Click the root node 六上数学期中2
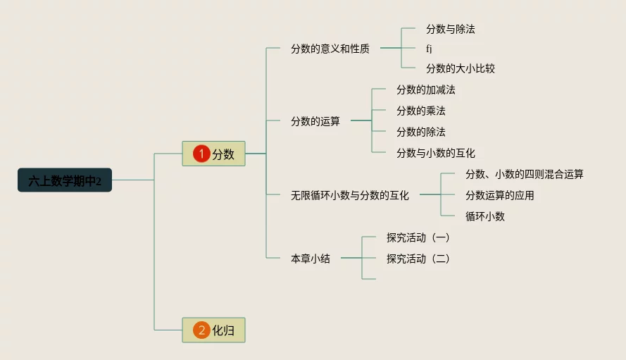click(x=65, y=180)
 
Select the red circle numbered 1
click(x=201, y=154)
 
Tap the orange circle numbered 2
click(x=201, y=330)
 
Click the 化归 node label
click(x=223, y=330)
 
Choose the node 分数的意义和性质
click(x=330, y=49)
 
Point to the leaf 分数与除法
click(x=450, y=30)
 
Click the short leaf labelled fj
click(x=429, y=49)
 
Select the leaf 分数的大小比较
click(x=460, y=68)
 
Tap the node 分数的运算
click(x=315, y=120)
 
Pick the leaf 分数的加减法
click(x=425, y=89)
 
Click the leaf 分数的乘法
click(x=420, y=111)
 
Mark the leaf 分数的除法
click(x=420, y=132)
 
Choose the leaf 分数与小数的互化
click(x=435, y=153)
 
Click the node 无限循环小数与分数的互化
click(x=349, y=195)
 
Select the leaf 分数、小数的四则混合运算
click(x=524, y=174)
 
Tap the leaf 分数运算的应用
click(x=499, y=195)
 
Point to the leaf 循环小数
click(x=484, y=216)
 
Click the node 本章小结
click(x=310, y=259)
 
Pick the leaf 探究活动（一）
click(x=418, y=237)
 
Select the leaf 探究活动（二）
click(x=418, y=259)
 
